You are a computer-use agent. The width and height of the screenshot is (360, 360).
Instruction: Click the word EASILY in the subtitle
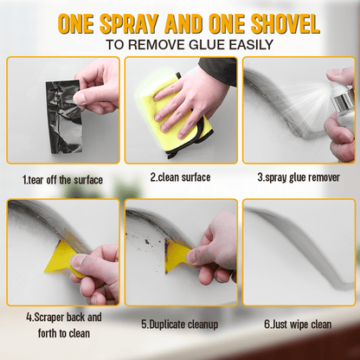(x=251, y=43)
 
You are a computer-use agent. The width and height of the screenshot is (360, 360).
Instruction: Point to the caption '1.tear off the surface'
(x=62, y=179)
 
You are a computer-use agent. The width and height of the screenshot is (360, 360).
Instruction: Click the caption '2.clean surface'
(x=180, y=177)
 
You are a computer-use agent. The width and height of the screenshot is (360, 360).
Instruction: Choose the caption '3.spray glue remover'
(x=298, y=177)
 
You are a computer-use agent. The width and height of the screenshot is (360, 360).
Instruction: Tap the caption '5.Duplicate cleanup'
(x=180, y=325)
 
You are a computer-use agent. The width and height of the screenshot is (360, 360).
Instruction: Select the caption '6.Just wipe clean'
(x=298, y=325)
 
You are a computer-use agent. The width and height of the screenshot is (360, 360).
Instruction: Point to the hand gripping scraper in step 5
(x=212, y=255)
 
